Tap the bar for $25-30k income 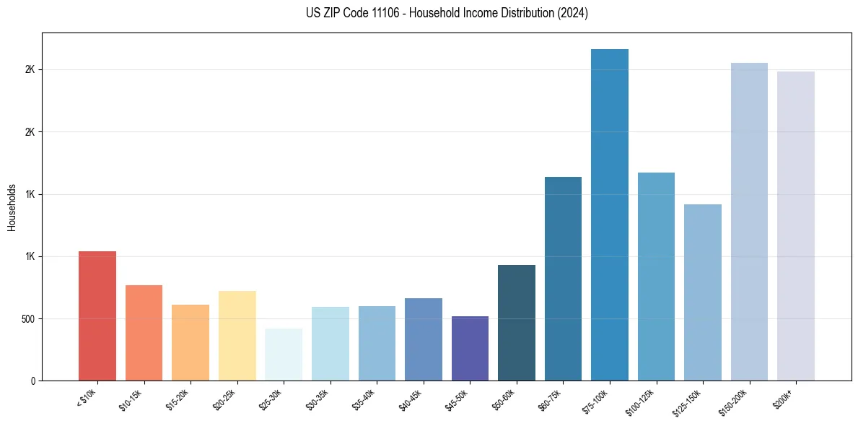pyautogui.click(x=284, y=355)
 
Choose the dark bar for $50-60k pyautogui.click(x=517, y=323)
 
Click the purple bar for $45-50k pyautogui.click(x=470, y=348)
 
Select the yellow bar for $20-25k pyautogui.click(x=237, y=336)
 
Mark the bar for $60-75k pyautogui.click(x=563, y=279)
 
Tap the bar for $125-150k pyautogui.click(x=703, y=292)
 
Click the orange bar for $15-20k pyautogui.click(x=191, y=342)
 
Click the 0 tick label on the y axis pyautogui.click(x=32, y=381)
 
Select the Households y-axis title pyautogui.click(x=12, y=207)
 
